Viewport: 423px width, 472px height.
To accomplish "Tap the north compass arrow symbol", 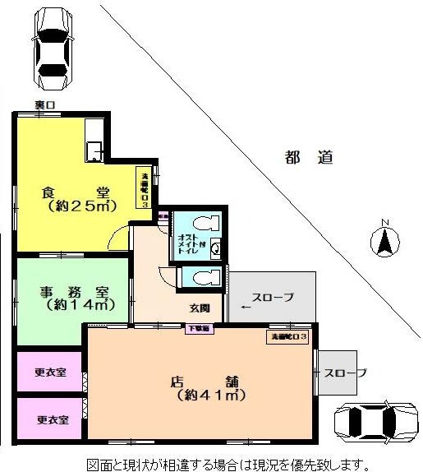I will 383,240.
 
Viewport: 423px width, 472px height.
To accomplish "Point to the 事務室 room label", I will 73,292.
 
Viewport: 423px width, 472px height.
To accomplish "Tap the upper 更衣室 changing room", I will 50,371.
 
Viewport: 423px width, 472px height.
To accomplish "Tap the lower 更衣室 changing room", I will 50,419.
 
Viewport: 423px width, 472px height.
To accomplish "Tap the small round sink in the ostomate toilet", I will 215,247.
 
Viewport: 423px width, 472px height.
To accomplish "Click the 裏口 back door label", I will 44,105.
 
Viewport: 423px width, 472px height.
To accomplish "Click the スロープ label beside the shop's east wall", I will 345,373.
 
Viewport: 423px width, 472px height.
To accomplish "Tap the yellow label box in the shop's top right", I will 288,337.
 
